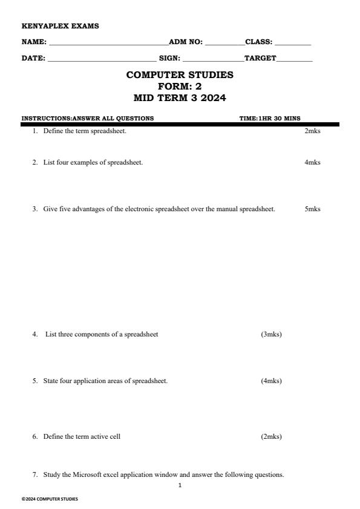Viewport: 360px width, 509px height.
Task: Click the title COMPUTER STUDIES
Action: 180,75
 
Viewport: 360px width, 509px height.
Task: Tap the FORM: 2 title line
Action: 180,87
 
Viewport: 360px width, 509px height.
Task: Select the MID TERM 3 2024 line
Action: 180,98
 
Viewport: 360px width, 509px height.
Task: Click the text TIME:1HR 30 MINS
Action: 270,118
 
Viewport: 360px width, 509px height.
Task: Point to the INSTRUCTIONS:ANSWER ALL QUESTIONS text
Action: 87,118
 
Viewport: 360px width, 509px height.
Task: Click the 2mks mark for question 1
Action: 312,131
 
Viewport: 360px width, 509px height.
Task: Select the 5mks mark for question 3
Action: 312,209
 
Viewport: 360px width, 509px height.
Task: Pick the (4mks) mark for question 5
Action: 271,381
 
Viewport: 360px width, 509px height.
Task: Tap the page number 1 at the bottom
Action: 180,485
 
